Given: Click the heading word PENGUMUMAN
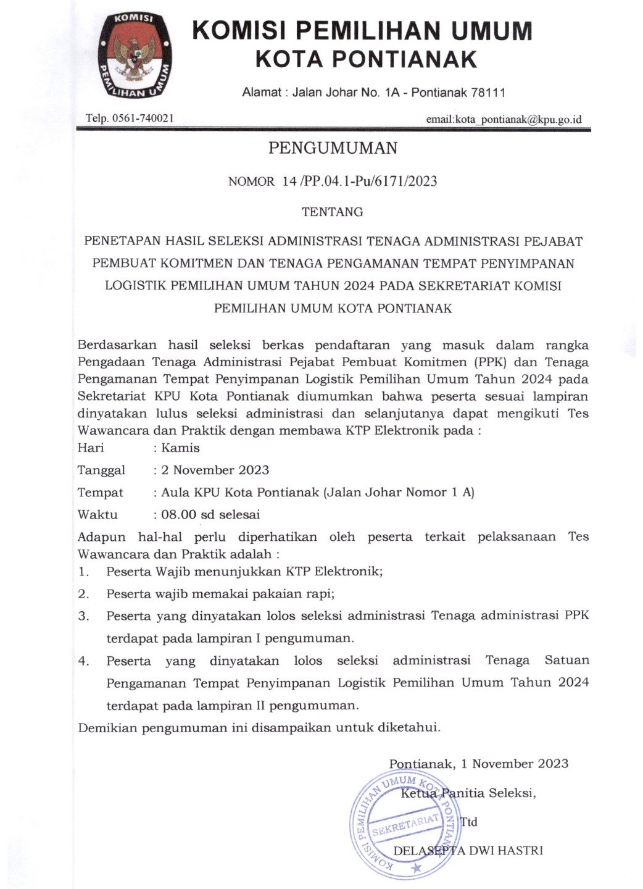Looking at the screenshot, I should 333,148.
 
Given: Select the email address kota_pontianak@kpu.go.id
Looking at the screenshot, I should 518,119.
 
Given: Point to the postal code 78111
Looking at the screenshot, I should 488,93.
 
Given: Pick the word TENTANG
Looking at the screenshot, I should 332,212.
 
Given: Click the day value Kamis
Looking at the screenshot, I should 180,448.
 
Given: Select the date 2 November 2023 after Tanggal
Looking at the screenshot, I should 215,470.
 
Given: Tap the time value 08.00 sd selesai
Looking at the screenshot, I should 210,514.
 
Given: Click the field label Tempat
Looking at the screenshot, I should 101,492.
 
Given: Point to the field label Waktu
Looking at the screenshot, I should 97,514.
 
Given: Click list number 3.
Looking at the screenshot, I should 83,616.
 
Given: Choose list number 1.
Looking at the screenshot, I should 83,571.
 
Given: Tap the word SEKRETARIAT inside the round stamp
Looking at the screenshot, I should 405,824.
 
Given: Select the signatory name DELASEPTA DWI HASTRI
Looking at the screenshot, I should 468,851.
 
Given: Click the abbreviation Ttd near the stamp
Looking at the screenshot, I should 469,822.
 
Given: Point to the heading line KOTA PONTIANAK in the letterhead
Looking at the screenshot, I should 367,59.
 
